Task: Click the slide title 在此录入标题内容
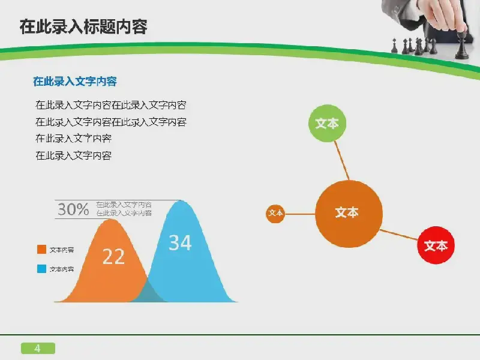pos(83,26)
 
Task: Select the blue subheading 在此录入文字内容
pos(75,82)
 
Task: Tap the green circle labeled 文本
pos(327,124)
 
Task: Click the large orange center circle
pos(349,214)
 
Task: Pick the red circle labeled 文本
pos(436,245)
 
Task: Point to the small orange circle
pos(275,214)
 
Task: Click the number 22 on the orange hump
pos(113,257)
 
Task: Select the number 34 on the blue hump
pos(180,243)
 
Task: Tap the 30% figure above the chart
pos(73,209)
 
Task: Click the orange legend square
pos(41,249)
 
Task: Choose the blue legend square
pos(41,268)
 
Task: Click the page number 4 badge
pos(38,348)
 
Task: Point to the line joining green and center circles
pos(341,160)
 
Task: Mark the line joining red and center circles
pos(399,235)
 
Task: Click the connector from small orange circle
pos(300,214)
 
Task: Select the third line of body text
pos(73,139)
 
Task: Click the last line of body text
pos(73,155)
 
